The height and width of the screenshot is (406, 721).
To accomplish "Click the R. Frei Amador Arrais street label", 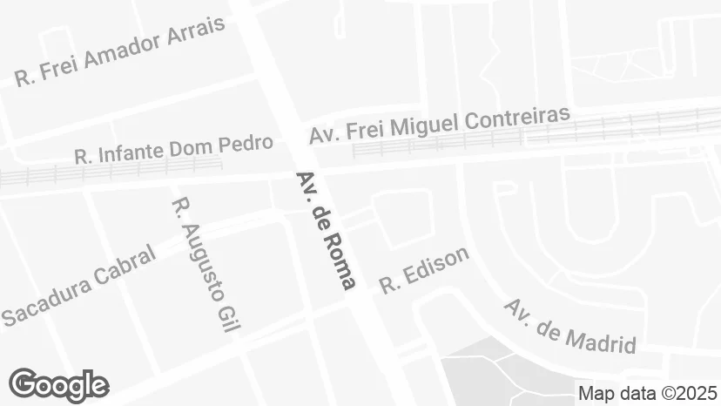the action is [x=120, y=51].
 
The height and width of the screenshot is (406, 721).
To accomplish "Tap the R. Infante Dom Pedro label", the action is [x=173, y=150].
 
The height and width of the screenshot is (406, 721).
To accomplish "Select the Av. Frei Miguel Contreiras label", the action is [x=439, y=125].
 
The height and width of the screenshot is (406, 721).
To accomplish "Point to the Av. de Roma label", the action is [x=326, y=230].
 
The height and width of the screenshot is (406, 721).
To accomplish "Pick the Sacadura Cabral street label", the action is [x=78, y=286].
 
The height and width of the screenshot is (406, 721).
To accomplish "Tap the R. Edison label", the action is [x=424, y=269].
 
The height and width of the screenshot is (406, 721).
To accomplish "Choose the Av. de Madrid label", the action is [x=570, y=326].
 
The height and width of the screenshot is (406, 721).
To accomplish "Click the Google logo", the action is [x=58, y=385].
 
